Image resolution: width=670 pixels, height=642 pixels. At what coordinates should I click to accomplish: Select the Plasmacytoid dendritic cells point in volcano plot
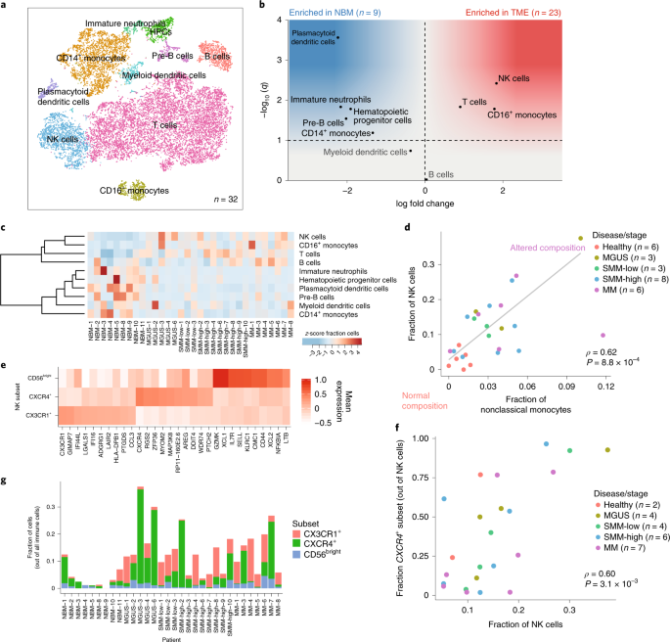click(338, 37)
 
